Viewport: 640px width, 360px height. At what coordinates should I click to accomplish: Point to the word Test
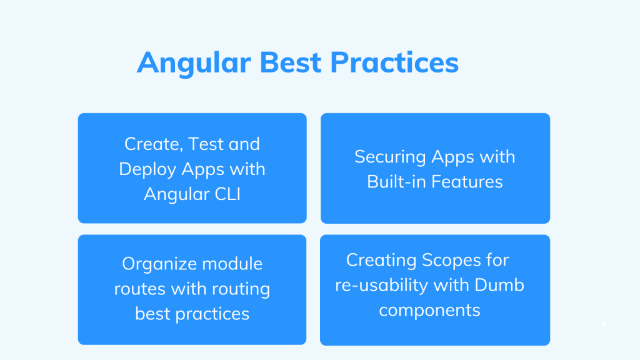(x=206, y=144)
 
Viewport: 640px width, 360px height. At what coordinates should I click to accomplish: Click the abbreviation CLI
(x=226, y=194)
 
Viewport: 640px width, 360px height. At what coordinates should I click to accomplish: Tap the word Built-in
(x=396, y=182)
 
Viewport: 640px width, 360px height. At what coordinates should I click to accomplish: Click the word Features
(x=466, y=182)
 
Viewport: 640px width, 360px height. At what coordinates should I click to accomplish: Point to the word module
(x=231, y=264)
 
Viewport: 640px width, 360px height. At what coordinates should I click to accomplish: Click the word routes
(x=139, y=289)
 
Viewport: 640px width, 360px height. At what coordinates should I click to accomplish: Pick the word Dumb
(x=499, y=285)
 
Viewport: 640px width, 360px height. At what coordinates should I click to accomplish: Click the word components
(x=430, y=310)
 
